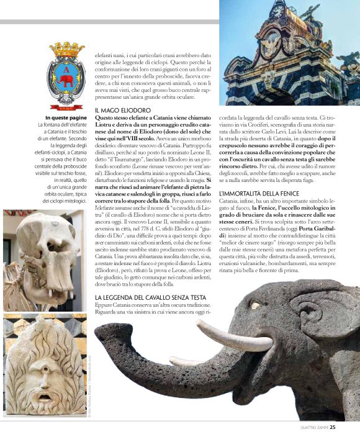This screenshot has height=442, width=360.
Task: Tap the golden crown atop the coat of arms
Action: [x=66, y=48]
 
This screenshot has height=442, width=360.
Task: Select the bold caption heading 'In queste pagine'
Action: [x=66, y=118]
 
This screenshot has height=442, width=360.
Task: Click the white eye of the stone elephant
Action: [x=254, y=306]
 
